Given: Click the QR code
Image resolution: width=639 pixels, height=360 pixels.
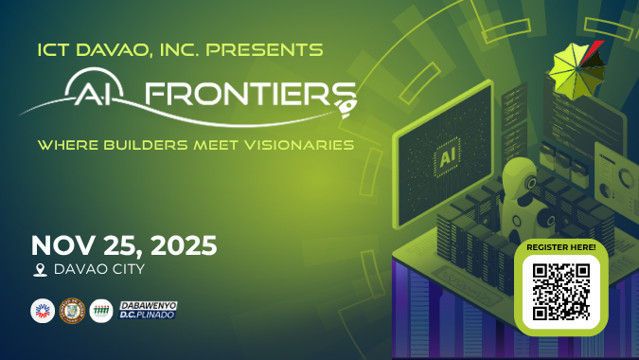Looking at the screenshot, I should click(x=561, y=291).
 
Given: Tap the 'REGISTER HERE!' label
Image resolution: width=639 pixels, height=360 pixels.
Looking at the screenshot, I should click(x=561, y=247).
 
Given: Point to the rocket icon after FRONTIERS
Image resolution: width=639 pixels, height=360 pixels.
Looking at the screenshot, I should click(x=346, y=93).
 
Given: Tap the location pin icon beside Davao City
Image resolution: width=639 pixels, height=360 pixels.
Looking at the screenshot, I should click(x=40, y=270).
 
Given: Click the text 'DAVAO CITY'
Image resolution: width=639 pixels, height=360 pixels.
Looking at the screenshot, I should click(x=100, y=270).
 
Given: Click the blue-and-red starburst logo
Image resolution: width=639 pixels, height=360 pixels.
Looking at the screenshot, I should click(x=42, y=310).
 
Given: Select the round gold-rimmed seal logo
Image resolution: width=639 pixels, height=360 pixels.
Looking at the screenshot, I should click(x=71, y=310).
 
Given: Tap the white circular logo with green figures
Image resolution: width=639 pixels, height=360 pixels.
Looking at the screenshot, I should click(x=100, y=310).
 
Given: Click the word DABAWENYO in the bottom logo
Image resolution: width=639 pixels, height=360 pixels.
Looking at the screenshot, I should click(x=149, y=304).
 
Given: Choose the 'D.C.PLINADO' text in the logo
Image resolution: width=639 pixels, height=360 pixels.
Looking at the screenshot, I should click(x=149, y=315).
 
